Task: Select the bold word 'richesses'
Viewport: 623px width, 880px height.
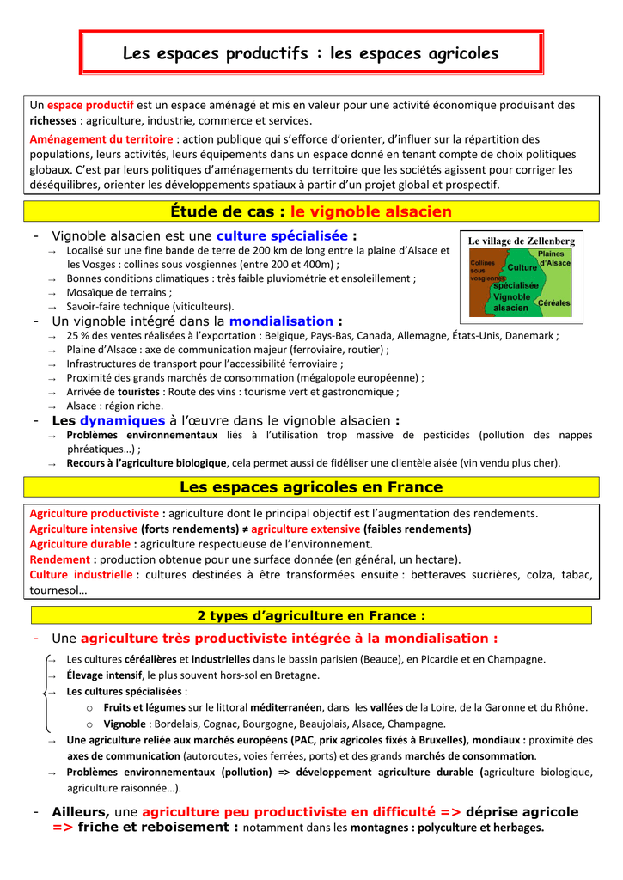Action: [x=53, y=121]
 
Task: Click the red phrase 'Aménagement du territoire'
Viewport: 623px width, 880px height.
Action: [x=101, y=138]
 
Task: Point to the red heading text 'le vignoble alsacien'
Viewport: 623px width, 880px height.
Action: [x=370, y=211]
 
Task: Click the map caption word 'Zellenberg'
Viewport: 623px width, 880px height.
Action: [x=547, y=242]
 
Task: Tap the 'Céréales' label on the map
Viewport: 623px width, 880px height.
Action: [x=553, y=303]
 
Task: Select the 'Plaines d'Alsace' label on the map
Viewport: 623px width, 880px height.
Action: [x=553, y=258]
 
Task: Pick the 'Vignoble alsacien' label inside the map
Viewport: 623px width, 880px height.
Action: [x=512, y=302]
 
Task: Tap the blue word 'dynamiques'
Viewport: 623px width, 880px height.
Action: [x=122, y=421]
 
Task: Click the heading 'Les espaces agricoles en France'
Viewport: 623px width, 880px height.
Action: [x=311, y=488]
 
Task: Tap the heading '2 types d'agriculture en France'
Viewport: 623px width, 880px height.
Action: [x=311, y=615]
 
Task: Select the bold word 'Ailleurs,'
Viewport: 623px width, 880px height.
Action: [x=81, y=812]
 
